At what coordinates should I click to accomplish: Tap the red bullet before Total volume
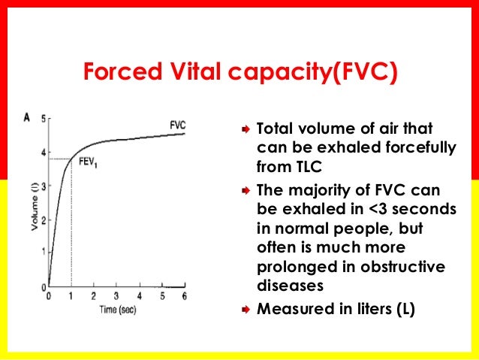coord(244,129)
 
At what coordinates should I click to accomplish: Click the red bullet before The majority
coord(244,190)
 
